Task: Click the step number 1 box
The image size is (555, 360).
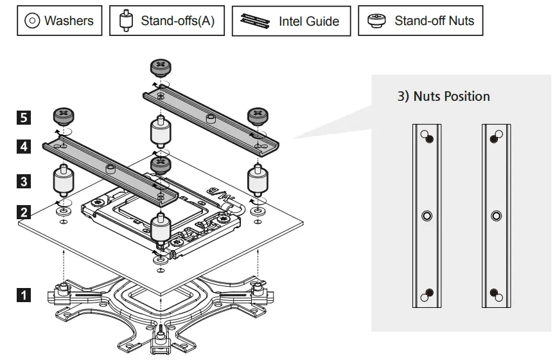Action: point(24,296)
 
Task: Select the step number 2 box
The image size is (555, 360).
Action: point(24,212)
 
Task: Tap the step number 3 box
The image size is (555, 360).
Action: point(24,181)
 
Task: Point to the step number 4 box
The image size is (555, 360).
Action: point(24,147)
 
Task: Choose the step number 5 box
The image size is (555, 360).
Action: point(24,118)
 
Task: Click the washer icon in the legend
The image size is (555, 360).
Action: point(32,21)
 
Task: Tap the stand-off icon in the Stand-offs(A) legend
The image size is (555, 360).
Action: point(126,21)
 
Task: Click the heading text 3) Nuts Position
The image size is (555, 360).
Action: point(443,96)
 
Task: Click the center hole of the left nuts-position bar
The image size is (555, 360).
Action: point(427,216)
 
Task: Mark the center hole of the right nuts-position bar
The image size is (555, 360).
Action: point(496,216)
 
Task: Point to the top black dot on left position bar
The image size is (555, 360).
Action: point(429,139)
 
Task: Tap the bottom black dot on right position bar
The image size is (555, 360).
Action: point(494,293)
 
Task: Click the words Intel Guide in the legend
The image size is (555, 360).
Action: point(308,21)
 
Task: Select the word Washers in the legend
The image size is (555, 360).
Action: point(69,21)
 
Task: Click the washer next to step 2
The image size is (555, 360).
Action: point(62,210)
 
